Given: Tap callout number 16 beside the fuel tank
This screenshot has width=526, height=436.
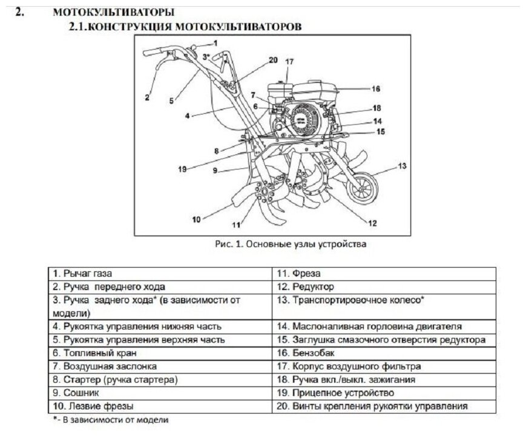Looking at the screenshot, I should [x=375, y=88].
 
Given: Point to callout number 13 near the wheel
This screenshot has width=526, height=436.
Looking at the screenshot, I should [x=402, y=165].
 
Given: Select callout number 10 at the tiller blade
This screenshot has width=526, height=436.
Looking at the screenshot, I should [x=196, y=219].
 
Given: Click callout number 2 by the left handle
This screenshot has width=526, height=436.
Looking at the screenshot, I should [x=146, y=96].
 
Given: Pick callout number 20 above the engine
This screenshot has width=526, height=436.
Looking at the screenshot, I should [x=272, y=60].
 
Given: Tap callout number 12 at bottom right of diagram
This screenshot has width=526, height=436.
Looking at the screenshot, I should [x=372, y=223].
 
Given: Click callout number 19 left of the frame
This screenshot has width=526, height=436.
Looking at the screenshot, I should [x=182, y=170].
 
